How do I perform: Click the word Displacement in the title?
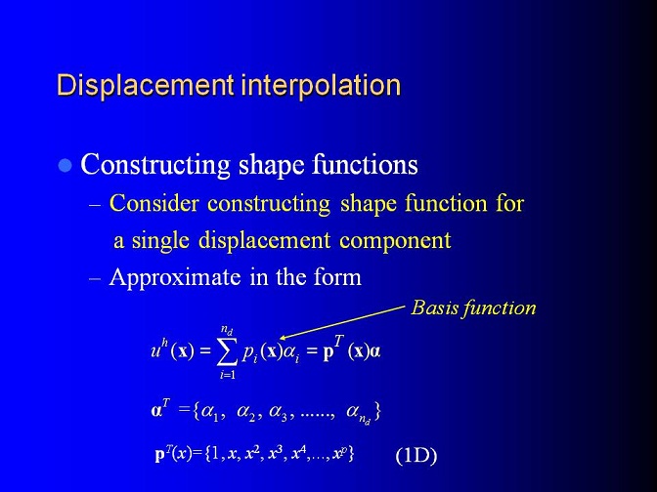point(145,86)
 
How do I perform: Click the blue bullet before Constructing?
point(65,166)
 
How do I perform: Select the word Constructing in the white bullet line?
point(155,165)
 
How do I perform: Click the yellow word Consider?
point(153,203)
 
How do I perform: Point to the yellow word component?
point(395,241)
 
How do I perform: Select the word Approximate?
point(175,278)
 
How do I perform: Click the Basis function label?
point(473,308)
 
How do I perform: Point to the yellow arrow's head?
point(282,337)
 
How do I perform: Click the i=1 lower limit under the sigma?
point(228,375)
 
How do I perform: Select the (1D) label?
point(416,455)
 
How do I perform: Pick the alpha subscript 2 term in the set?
point(246,413)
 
